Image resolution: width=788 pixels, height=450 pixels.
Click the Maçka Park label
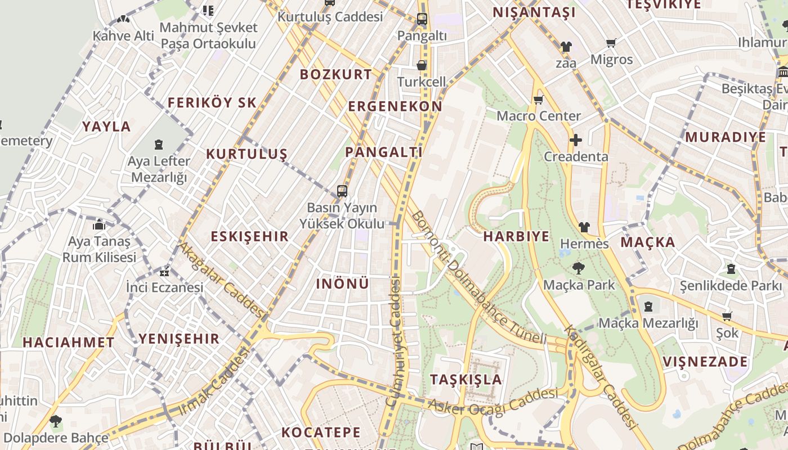point(579,285)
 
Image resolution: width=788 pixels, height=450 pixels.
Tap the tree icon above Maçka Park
point(578,268)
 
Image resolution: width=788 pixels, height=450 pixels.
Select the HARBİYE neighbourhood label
point(516,236)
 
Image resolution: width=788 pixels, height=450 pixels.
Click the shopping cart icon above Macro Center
point(538,100)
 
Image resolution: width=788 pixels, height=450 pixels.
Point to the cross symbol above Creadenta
point(575,140)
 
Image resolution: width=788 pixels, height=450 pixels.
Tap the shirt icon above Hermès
point(584,227)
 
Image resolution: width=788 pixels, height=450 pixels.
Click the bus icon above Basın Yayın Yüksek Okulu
point(342,191)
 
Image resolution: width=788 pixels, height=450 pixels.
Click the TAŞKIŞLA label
point(466,379)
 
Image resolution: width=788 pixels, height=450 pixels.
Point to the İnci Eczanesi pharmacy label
point(164,287)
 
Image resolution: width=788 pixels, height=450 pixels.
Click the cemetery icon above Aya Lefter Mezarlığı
point(159,145)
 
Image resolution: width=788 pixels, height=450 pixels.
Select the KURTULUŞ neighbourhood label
point(247,154)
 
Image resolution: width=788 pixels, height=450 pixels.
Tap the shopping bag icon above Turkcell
point(421,65)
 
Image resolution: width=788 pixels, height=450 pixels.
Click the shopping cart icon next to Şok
point(727,317)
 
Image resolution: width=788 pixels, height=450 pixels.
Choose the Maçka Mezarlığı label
point(648,323)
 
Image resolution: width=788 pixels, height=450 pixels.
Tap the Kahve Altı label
point(123,36)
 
